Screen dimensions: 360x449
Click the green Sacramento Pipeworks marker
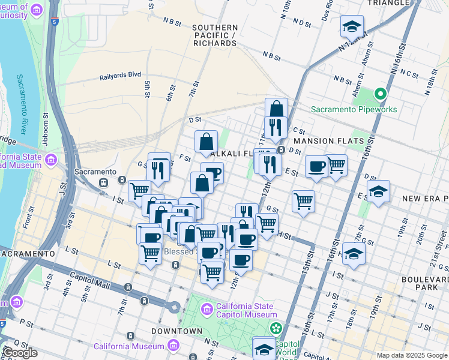point(379,94)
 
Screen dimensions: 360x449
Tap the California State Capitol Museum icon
point(207,309)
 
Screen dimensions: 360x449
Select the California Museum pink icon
point(173,346)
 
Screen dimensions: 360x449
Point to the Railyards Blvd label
point(120,75)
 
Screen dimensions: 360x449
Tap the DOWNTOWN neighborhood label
point(176,331)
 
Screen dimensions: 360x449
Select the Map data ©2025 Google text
point(412,355)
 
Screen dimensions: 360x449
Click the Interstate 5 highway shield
point(55,23)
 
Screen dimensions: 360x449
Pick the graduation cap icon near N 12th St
point(352,26)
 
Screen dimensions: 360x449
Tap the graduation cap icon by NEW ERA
point(378,191)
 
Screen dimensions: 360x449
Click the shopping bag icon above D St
point(276,109)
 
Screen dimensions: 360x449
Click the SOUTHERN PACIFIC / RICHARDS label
point(215,35)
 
